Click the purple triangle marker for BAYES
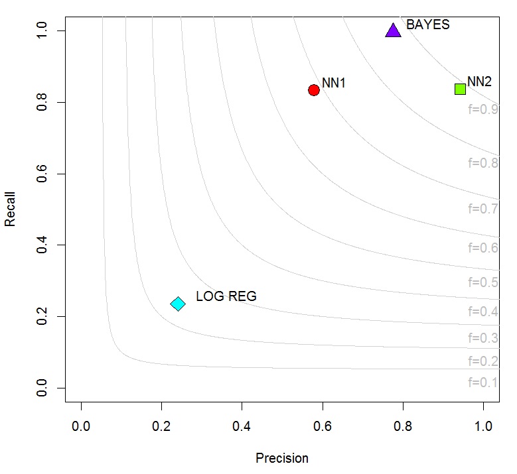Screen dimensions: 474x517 click(x=393, y=30)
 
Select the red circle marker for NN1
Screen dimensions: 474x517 click(x=314, y=89)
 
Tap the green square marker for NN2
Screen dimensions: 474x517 click(x=460, y=89)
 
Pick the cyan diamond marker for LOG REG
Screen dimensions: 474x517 click(x=177, y=304)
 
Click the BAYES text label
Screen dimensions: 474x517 click(x=427, y=25)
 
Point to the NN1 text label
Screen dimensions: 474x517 click(x=334, y=84)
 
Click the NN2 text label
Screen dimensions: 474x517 click(x=479, y=82)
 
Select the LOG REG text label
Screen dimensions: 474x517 click(x=226, y=297)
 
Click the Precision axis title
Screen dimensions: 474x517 click(x=282, y=458)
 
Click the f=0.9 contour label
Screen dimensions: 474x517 click(x=482, y=109)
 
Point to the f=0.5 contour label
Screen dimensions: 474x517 click(x=482, y=282)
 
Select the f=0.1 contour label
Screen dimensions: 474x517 click(x=482, y=383)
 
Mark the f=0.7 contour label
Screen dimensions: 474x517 click(x=482, y=209)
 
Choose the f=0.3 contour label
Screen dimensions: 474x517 click(x=482, y=338)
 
